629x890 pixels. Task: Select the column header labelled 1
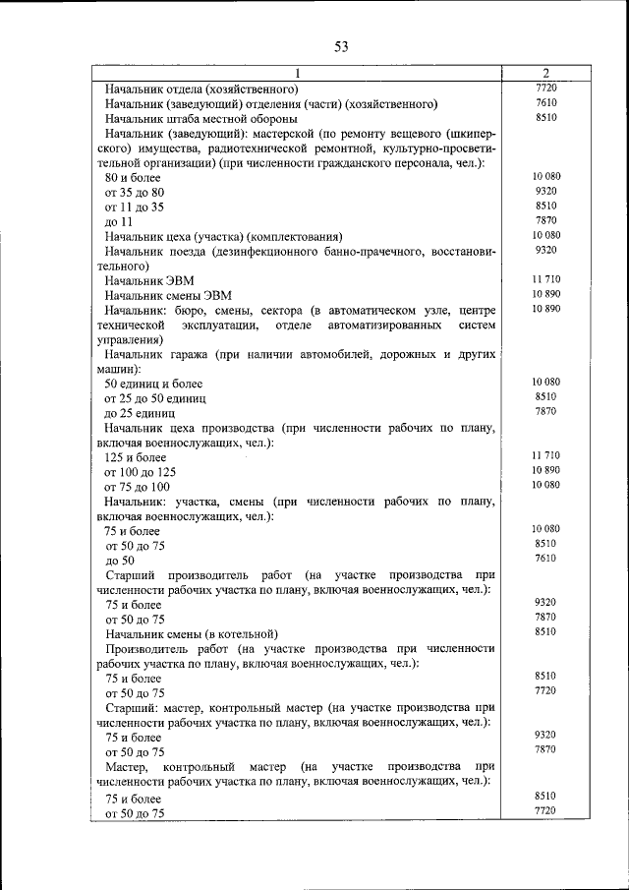297,73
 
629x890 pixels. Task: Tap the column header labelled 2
545,73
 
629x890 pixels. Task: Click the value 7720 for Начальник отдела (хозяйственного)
546,88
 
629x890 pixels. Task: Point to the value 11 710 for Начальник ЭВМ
545,280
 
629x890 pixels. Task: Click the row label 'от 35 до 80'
135,192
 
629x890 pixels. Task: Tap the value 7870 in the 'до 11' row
546,220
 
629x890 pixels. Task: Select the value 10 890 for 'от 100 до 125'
545,470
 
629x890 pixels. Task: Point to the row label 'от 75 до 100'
138,487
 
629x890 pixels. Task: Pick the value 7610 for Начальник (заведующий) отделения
546,102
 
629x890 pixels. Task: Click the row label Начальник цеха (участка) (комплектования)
223,237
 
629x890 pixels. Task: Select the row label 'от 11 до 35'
135,207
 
